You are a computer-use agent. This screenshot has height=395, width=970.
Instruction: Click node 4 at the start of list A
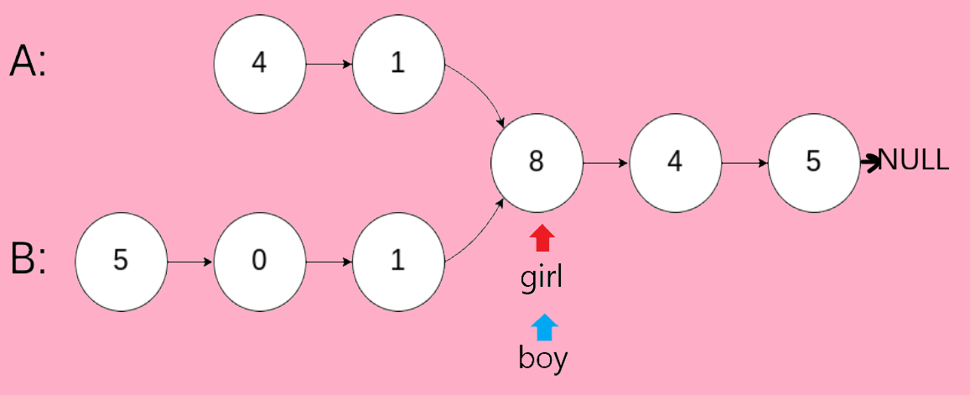click(x=259, y=64)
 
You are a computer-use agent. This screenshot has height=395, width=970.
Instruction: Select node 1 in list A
click(x=397, y=64)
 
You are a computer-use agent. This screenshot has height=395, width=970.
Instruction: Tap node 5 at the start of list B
click(x=121, y=261)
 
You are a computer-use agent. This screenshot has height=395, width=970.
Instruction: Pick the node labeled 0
click(x=259, y=261)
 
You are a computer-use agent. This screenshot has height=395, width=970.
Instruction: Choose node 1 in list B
click(x=397, y=261)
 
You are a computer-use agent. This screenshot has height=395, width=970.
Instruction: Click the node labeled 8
click(x=537, y=162)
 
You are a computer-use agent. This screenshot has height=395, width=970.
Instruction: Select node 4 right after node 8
click(x=675, y=162)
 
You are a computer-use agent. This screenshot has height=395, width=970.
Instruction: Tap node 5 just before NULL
click(x=813, y=162)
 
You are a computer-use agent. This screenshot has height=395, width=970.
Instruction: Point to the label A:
click(x=29, y=63)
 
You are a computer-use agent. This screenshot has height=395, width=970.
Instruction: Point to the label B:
click(x=29, y=260)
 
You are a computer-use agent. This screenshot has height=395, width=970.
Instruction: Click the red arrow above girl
click(x=542, y=239)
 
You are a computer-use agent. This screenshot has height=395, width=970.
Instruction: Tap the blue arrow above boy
click(x=544, y=327)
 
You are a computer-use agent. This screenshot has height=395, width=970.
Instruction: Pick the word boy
click(x=543, y=359)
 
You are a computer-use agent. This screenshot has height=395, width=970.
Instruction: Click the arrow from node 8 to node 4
click(x=605, y=162)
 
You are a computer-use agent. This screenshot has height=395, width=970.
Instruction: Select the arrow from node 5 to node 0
click(x=190, y=261)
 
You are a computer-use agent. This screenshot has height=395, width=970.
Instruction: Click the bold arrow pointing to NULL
click(x=869, y=161)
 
